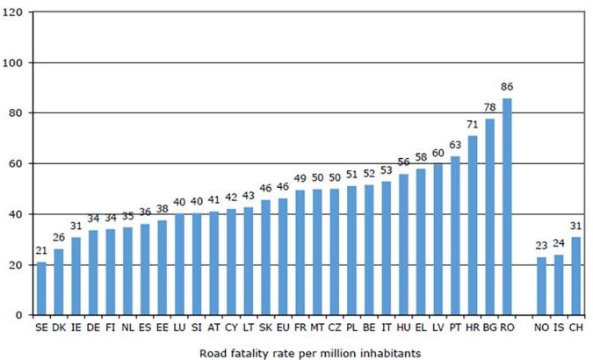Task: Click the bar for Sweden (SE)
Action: click(x=41, y=288)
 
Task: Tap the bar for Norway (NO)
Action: click(x=541, y=285)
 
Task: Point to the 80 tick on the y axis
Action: click(x=21, y=113)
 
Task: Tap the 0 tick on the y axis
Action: click(x=25, y=315)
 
